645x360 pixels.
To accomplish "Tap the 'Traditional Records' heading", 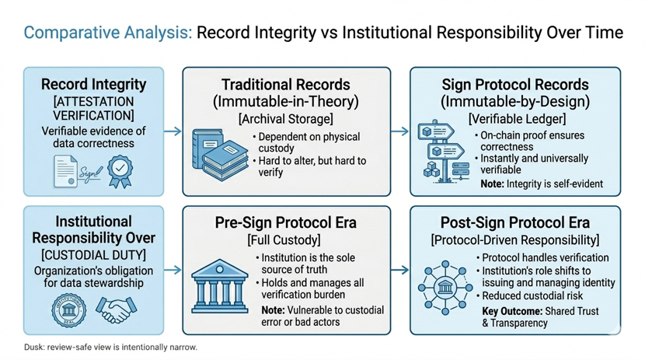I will click(x=286, y=85).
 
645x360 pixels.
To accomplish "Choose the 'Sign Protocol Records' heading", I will click(x=515, y=85).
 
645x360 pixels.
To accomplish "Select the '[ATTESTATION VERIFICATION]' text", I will click(x=93, y=109).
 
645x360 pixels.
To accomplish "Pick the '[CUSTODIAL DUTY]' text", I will click(x=93, y=255).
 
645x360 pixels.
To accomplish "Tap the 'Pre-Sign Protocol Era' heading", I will click(x=286, y=223).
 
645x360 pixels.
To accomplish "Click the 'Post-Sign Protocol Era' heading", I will click(x=515, y=223).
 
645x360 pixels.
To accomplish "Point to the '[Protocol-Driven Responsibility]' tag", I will click(x=515, y=240).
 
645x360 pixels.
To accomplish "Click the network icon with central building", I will click(x=446, y=288).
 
